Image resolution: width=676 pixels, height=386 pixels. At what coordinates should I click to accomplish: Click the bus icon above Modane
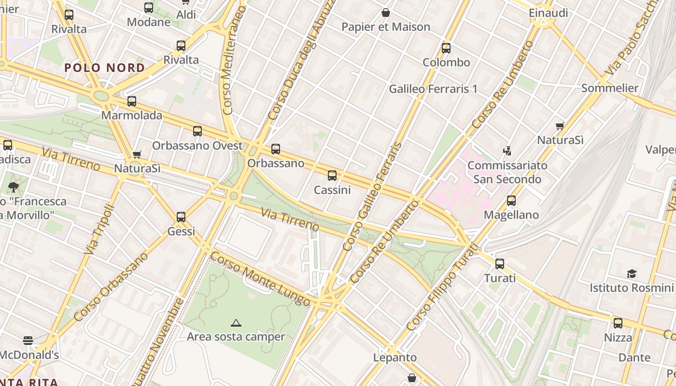[x=149, y=8]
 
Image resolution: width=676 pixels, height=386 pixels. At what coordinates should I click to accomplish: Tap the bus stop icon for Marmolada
[x=132, y=101]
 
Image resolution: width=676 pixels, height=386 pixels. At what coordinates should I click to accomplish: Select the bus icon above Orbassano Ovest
[x=197, y=131]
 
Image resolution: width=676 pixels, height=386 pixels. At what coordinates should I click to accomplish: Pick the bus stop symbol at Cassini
[x=332, y=176]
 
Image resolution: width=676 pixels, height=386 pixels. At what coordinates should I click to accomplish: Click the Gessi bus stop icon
[x=181, y=217]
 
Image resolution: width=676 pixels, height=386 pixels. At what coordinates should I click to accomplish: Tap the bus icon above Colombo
[x=446, y=48]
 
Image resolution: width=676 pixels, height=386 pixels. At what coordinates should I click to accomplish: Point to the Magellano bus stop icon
[x=511, y=201]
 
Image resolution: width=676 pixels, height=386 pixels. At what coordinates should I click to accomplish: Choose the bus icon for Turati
[x=500, y=264]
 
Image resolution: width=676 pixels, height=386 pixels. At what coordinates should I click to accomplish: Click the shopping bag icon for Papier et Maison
[x=386, y=13]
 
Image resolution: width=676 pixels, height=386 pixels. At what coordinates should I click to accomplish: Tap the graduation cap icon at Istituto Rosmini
[x=632, y=274]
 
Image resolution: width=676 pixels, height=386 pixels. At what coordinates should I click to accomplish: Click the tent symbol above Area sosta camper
[x=236, y=323]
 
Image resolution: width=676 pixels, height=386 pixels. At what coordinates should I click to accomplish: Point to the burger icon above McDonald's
[x=28, y=341]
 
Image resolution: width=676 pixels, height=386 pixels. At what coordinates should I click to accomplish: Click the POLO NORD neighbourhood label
[x=105, y=68]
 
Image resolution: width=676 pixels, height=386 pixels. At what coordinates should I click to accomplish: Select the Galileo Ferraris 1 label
[x=433, y=89]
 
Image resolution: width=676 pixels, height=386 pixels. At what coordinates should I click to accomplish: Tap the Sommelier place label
[x=610, y=88]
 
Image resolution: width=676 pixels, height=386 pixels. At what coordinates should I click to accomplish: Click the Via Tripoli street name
[x=99, y=229]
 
